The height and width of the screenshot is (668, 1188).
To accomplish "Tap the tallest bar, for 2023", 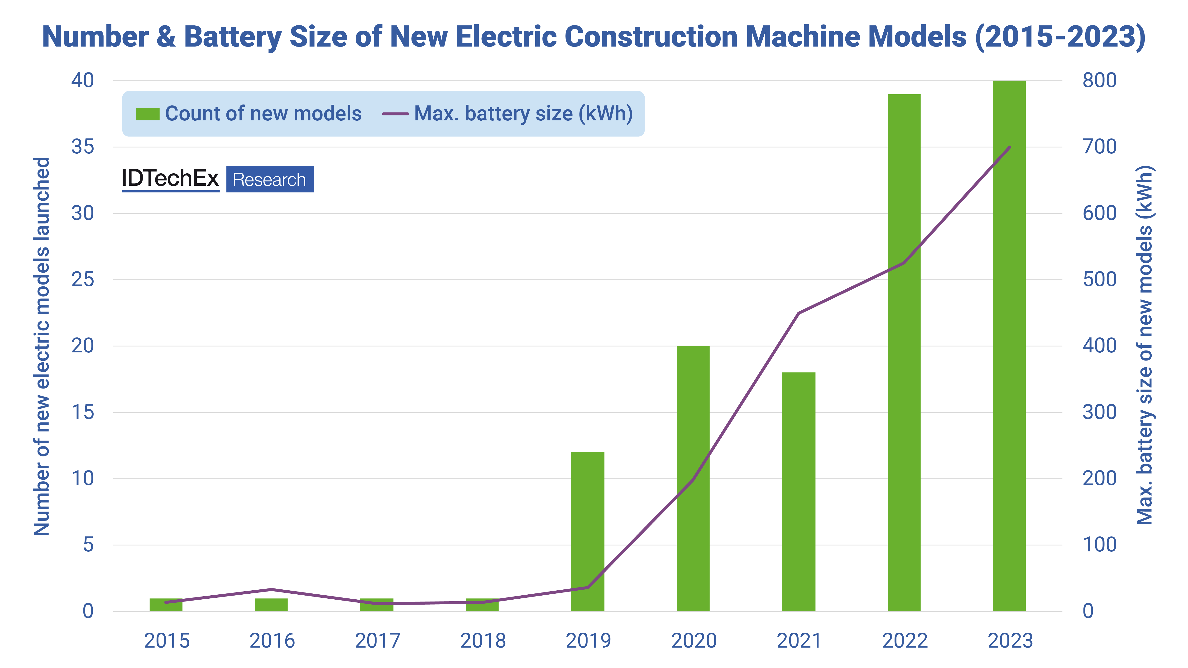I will pyautogui.click(x=1009, y=346).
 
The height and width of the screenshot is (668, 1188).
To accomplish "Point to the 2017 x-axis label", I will pyautogui.click(x=377, y=641).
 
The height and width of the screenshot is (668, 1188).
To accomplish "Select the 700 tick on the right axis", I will pyautogui.click(x=1099, y=147).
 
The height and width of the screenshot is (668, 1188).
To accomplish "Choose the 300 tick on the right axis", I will pyautogui.click(x=1099, y=412).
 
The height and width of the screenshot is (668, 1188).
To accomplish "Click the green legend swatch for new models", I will pyautogui.click(x=148, y=114).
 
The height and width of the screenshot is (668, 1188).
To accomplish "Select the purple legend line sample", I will pyautogui.click(x=395, y=114).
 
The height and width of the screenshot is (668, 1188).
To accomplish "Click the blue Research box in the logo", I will pyautogui.click(x=270, y=179).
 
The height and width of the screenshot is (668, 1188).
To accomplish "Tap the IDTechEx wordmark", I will pyautogui.click(x=170, y=178).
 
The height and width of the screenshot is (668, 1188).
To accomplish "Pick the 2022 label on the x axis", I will pyautogui.click(x=904, y=641).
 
